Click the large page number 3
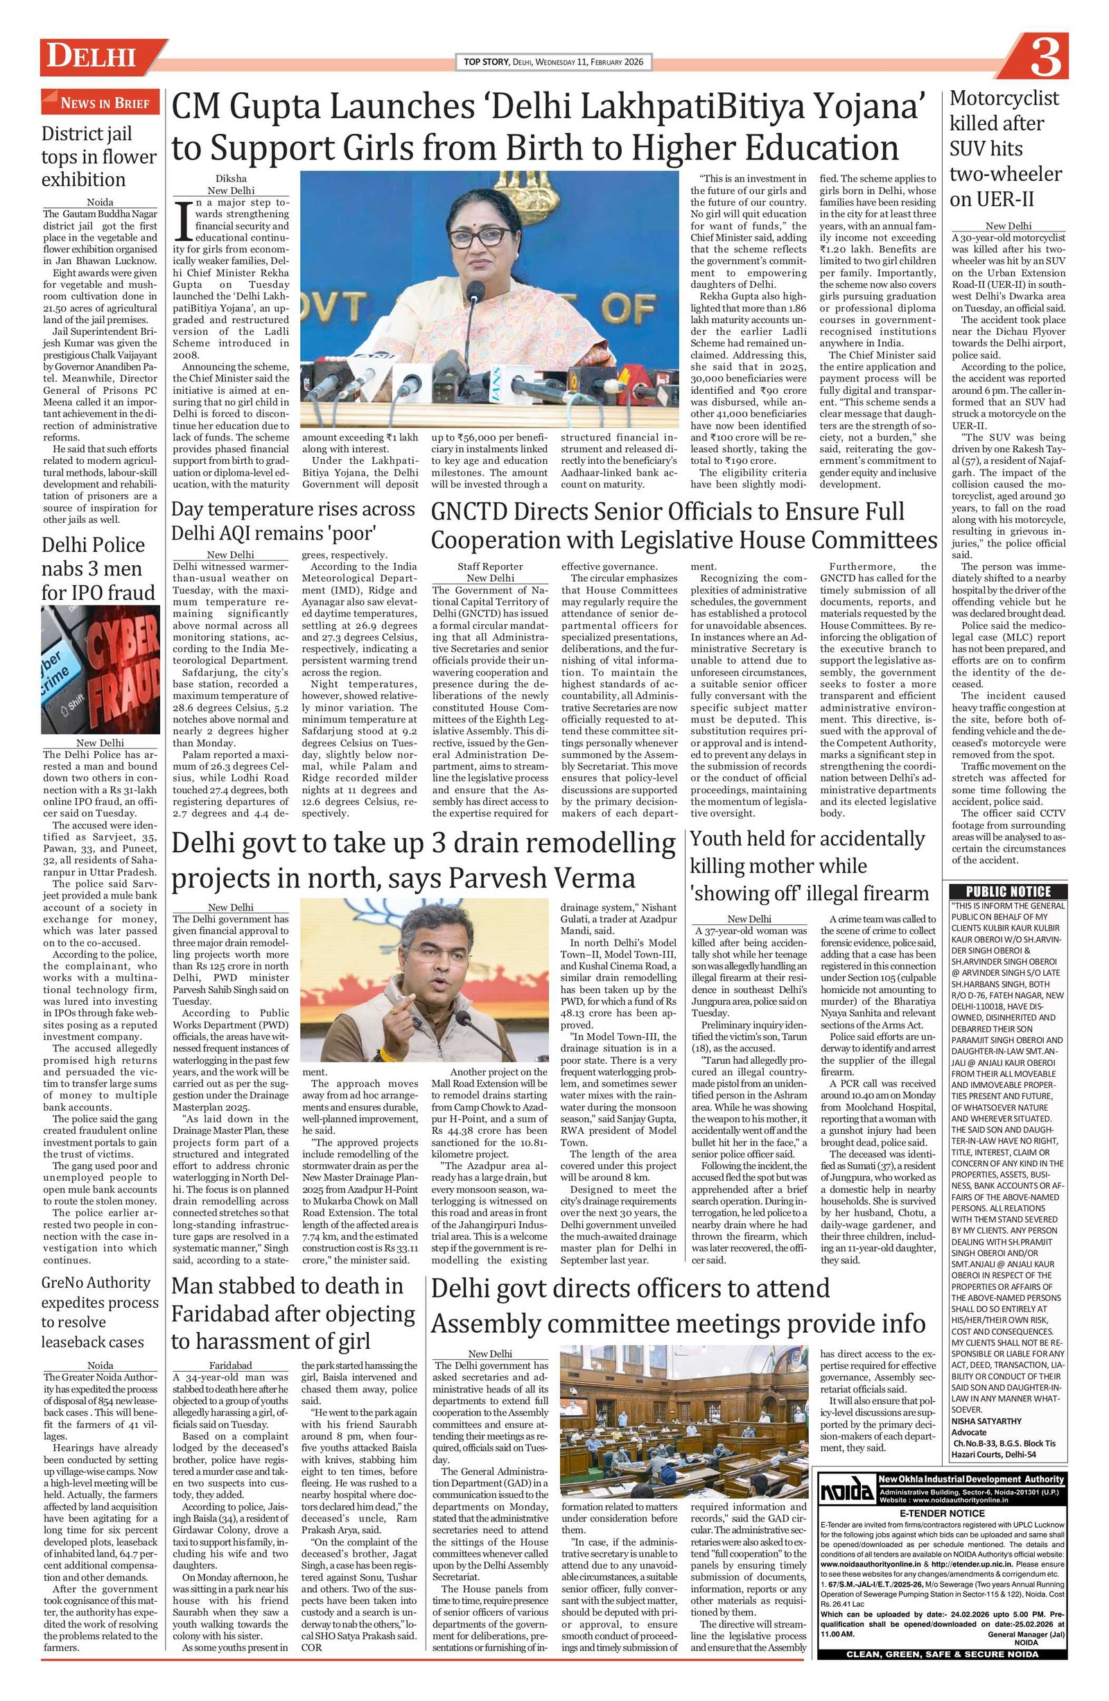tap(1044, 58)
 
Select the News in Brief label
tap(99, 103)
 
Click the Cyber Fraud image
tap(100, 669)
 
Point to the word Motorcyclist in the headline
tap(1003, 98)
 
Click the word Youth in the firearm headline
tap(717, 839)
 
